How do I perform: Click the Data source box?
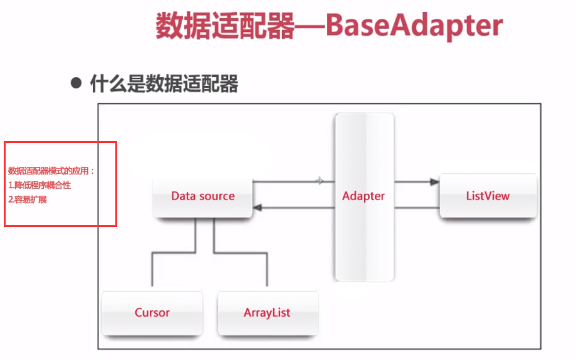tap(202, 196)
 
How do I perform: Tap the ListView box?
tap(488, 196)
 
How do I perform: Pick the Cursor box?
tap(152, 312)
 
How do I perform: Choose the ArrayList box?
tap(267, 312)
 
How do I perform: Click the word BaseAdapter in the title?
tap(414, 26)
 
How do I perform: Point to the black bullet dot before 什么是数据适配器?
tap(76, 83)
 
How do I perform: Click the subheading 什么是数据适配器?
tap(164, 83)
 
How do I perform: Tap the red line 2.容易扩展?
tap(28, 200)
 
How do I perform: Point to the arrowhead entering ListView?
tap(434, 182)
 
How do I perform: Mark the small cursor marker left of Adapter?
tap(319, 181)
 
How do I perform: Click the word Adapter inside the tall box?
tap(364, 196)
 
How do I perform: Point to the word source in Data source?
tap(217, 196)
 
